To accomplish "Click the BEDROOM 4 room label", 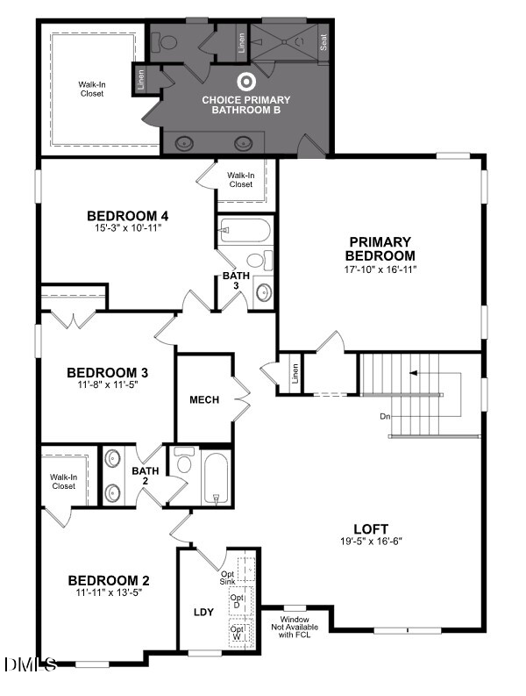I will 127,215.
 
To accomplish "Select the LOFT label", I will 371,528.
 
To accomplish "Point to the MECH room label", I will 204,399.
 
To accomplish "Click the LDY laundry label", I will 203,612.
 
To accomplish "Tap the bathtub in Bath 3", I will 244,232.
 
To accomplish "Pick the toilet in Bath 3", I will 256,260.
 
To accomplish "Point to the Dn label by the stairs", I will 385,416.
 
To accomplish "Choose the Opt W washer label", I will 236,633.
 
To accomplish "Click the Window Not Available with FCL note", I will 295,621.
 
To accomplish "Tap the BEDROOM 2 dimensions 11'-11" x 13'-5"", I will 110,592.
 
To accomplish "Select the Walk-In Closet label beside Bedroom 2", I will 63,481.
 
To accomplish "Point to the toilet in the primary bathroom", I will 167,41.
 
